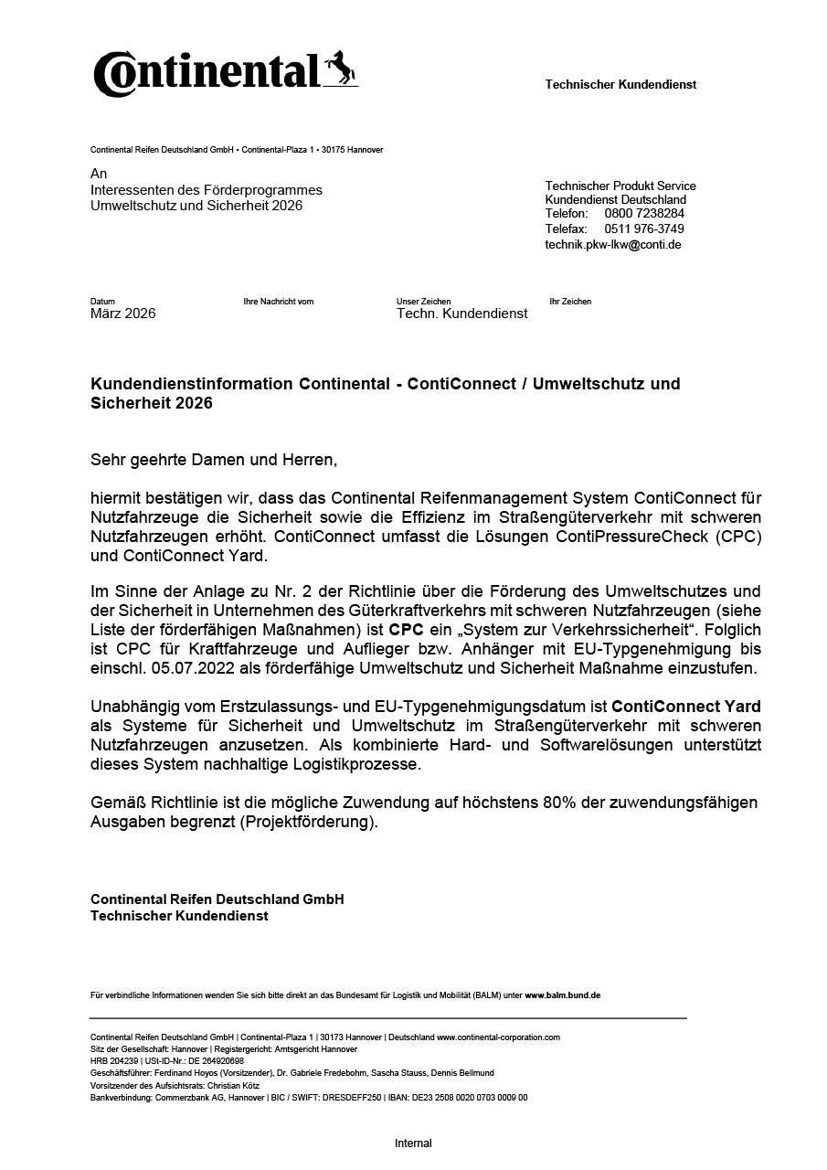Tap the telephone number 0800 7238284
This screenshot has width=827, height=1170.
pyautogui.click(x=644, y=214)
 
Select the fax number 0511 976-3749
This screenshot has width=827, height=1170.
pyautogui.click(x=644, y=229)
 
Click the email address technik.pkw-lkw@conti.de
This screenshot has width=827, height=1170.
pyautogui.click(x=613, y=244)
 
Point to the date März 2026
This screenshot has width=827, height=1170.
pyautogui.click(x=123, y=314)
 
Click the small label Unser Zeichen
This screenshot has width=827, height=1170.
pyautogui.click(x=423, y=302)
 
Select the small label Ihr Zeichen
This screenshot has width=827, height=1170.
pyautogui.click(x=570, y=302)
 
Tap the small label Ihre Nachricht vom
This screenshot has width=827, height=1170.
pyautogui.click(x=279, y=302)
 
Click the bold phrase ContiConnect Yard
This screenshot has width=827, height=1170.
pyautogui.click(x=686, y=707)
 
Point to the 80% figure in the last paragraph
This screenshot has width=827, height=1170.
pyautogui.click(x=560, y=803)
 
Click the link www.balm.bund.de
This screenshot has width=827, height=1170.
pyautogui.click(x=562, y=994)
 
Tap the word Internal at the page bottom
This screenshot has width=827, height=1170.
pyautogui.click(x=413, y=1143)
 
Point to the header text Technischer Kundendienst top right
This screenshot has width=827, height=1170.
pyautogui.click(x=620, y=84)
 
